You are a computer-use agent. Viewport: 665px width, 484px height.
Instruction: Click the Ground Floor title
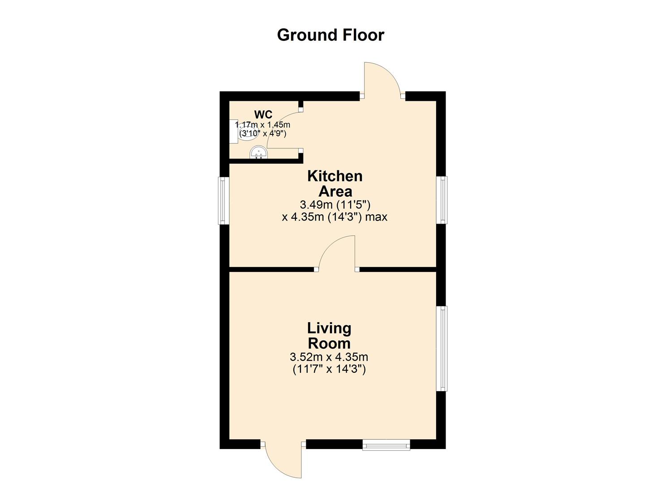330,35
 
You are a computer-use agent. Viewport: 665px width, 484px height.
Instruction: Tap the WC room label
263,115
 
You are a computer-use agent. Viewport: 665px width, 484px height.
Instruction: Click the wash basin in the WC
258,153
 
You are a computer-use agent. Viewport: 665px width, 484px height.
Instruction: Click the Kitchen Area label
335,183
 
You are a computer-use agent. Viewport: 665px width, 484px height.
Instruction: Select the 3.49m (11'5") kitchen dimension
335,205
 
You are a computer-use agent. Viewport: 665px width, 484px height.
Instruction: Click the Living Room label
329,336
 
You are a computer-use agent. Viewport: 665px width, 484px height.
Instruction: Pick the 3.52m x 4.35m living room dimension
329,357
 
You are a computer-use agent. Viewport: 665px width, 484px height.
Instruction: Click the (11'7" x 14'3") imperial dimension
329,369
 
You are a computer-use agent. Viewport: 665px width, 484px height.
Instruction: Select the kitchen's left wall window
223,200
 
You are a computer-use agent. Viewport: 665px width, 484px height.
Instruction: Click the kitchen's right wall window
442,200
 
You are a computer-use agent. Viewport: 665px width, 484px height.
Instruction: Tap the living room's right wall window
442,348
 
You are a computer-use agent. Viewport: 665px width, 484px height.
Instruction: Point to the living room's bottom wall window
386,445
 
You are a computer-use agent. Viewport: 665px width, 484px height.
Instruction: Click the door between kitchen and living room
337,253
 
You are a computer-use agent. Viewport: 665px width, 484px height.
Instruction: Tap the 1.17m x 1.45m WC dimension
263,125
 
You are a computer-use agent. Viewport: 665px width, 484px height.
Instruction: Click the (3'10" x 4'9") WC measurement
263,134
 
